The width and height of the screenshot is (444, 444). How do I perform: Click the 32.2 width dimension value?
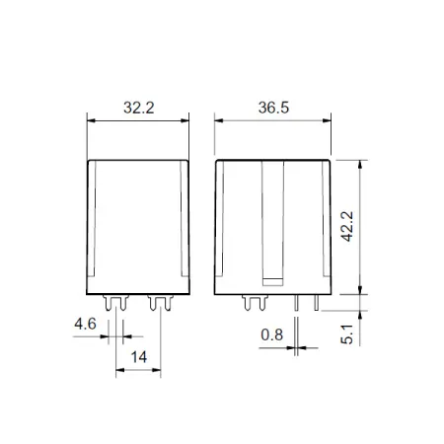(x=139, y=108)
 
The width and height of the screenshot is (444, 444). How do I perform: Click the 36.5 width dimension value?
(x=273, y=108)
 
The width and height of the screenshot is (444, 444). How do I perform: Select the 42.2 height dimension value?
(x=347, y=227)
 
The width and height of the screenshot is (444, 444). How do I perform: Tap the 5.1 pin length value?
(x=347, y=334)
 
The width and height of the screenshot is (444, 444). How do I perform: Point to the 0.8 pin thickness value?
(x=271, y=334)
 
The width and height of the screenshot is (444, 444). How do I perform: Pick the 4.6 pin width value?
(x=85, y=324)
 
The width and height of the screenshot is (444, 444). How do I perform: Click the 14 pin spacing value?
(x=138, y=357)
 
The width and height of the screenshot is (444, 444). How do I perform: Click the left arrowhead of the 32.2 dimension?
(x=91, y=120)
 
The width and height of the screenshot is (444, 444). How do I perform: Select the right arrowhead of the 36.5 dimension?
(x=327, y=120)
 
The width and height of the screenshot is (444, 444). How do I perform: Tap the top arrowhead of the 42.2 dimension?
(x=360, y=164)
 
